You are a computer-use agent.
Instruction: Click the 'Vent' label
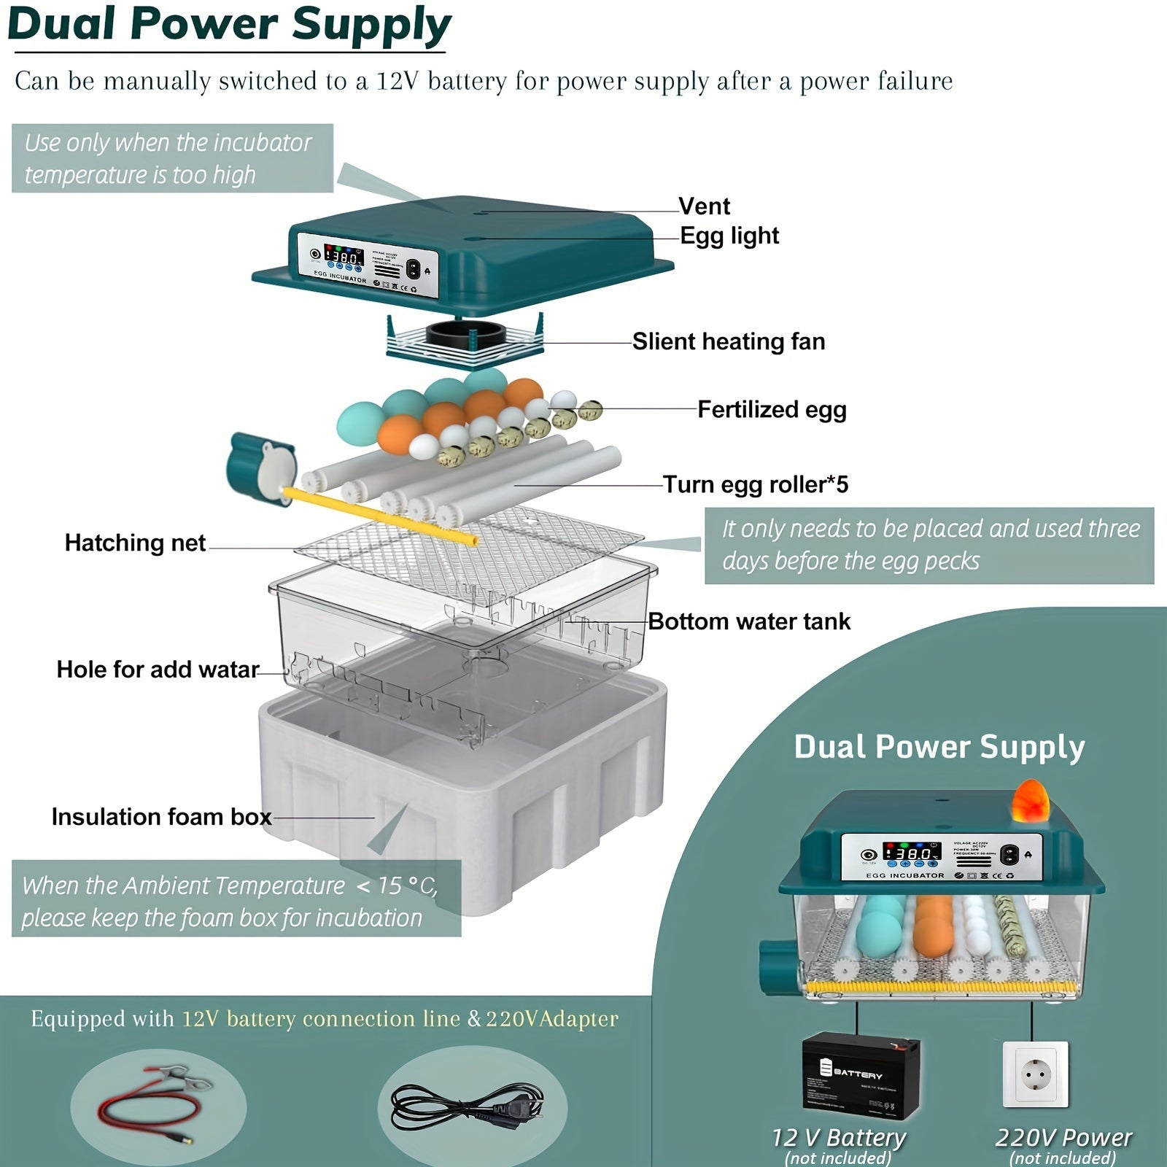(704, 206)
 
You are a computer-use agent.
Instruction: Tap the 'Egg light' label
(729, 236)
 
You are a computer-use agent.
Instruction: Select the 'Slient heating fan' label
(728, 341)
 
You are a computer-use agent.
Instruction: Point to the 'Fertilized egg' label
(772, 409)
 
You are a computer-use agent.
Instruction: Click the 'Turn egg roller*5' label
(755, 484)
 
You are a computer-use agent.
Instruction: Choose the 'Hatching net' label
(135, 543)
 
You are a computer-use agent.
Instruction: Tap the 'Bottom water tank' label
(749, 621)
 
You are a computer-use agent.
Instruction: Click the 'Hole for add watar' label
(158, 670)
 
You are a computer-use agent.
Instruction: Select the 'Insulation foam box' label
(161, 817)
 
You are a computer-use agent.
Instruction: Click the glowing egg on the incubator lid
(1030, 800)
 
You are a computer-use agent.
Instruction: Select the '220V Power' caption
(1063, 1137)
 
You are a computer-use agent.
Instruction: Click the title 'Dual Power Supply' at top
(229, 25)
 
